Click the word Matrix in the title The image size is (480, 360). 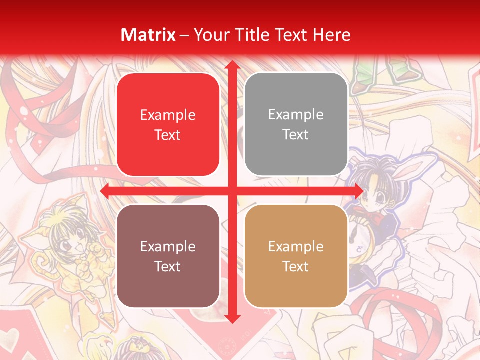(148, 35)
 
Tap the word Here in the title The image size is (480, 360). (332, 35)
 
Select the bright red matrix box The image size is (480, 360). (168, 125)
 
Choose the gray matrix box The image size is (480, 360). (296, 124)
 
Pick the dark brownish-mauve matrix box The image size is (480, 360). (168, 256)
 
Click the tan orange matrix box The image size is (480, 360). (296, 256)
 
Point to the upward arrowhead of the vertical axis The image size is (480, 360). (232, 65)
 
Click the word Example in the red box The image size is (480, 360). (168, 115)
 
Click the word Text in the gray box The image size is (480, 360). (296, 134)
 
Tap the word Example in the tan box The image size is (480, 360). (296, 246)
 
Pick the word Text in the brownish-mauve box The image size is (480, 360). (168, 266)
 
